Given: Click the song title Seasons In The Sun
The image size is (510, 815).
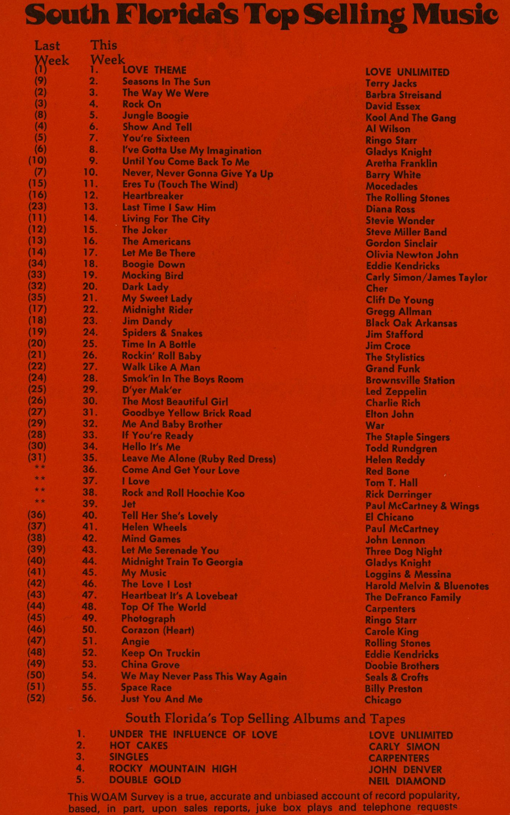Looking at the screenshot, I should coord(166,82).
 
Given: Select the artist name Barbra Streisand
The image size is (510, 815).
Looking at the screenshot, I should coord(403,95).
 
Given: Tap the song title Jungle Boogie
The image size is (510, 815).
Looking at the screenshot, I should coord(155,116).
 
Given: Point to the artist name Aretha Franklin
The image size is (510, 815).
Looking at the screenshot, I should coord(401,163).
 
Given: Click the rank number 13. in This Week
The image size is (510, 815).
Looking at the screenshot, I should coord(90,207).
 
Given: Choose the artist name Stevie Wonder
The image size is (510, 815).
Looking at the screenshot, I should coord(400,220).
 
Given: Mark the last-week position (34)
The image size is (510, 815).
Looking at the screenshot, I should coord(37,263).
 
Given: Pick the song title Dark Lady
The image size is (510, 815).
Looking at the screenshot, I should coord(145,287).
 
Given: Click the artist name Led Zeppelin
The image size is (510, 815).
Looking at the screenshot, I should coord(396,391).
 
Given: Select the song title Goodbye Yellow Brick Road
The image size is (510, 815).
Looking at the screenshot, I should coord(186,413).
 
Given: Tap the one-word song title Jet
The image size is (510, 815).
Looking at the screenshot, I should coord(129,504).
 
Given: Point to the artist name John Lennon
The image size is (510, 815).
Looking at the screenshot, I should coord(395,540).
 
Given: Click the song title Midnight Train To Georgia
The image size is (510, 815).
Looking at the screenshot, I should coord(182,561).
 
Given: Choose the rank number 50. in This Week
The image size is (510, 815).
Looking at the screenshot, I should coord(90,630).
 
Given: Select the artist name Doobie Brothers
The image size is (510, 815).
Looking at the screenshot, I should coord(402,665).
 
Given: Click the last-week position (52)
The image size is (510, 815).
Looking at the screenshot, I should coord(36,698).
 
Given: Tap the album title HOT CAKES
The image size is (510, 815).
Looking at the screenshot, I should coord(138,746).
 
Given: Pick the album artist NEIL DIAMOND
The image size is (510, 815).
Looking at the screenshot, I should coord(407,781).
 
